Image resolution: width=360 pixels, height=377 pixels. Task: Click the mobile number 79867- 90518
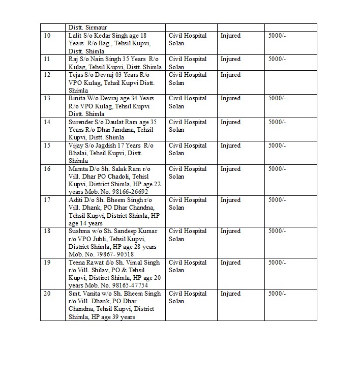click(115, 254)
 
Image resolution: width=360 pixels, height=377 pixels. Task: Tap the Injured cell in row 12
click(230, 75)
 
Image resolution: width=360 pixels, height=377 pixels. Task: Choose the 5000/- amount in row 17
click(277, 200)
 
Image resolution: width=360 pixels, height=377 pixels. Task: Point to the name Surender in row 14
click(80, 122)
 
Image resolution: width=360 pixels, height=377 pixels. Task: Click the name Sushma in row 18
click(78, 231)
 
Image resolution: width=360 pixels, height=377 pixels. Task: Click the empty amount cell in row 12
click(290, 82)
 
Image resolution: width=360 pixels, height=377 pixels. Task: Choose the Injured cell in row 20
click(230, 294)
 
